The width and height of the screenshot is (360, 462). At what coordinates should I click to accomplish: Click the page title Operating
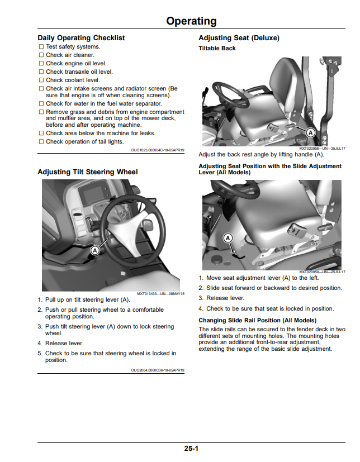click(x=191, y=21)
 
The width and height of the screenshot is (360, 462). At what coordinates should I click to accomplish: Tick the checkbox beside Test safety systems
click(x=41, y=46)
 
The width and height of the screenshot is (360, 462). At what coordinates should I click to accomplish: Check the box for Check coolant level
click(x=41, y=80)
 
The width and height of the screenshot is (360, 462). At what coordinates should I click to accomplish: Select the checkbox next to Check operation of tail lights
click(x=41, y=142)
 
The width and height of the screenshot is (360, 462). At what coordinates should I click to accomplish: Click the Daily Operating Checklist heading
click(x=81, y=38)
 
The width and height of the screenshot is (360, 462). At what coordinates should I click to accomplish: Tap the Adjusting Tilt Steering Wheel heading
click(x=88, y=172)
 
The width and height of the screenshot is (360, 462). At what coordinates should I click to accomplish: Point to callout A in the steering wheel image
click(x=94, y=251)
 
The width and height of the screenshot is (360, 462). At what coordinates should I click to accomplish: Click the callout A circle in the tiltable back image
click(x=310, y=133)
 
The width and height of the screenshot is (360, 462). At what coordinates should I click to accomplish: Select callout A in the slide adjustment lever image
click(x=228, y=238)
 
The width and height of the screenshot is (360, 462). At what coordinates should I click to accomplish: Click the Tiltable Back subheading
click(x=217, y=48)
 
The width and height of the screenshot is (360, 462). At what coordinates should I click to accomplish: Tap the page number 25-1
click(x=191, y=449)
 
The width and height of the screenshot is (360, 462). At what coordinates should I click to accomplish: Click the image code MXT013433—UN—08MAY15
click(x=160, y=294)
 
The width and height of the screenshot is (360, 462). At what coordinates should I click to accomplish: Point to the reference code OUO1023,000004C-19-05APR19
click(x=158, y=150)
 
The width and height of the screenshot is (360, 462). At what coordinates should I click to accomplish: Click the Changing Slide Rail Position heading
click(x=257, y=321)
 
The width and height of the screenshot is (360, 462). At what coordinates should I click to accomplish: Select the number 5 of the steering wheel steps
click(x=40, y=353)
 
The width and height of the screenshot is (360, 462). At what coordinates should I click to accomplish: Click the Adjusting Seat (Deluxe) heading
click(x=239, y=38)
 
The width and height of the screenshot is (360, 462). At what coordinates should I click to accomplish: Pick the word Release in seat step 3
click(x=217, y=298)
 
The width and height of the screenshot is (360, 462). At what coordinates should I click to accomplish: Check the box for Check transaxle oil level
click(x=41, y=72)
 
